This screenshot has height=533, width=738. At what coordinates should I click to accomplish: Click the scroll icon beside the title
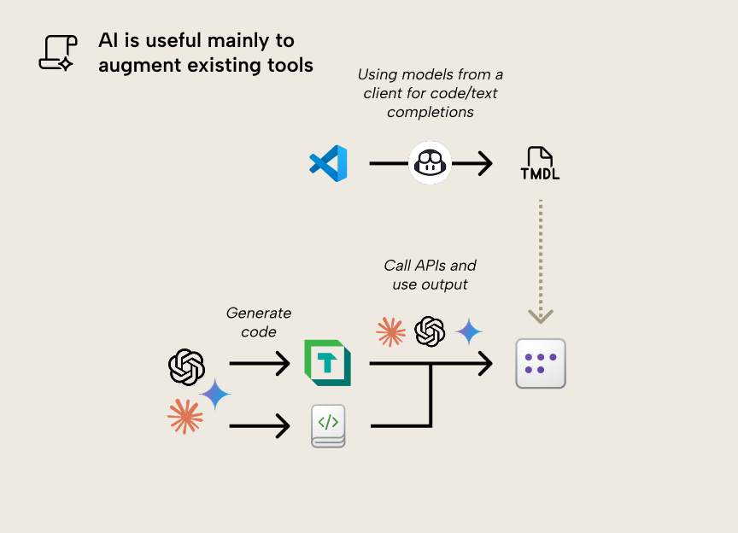57,52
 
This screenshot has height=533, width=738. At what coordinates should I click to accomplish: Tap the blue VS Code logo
329,162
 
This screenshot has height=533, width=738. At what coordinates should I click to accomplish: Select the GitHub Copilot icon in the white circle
430,162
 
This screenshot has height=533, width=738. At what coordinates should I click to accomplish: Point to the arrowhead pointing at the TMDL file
484,162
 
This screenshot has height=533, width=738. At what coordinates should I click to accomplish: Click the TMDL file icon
540,163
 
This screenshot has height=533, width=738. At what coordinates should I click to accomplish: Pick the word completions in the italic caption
430,112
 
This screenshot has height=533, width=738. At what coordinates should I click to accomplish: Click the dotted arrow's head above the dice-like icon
540,315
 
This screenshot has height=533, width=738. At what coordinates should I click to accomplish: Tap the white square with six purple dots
541,363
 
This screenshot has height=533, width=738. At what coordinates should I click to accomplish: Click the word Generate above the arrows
258,313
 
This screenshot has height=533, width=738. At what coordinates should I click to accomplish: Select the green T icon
327,363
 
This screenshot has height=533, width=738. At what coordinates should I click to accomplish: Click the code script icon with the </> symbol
328,425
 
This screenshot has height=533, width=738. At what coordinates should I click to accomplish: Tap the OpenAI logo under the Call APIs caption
430,331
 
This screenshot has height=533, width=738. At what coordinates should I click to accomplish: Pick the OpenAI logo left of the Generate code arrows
186,367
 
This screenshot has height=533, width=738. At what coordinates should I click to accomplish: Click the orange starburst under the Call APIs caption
390,331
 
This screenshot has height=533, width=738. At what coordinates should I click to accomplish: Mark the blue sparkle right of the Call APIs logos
469,331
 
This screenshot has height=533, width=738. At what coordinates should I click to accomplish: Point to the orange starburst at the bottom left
185,416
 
